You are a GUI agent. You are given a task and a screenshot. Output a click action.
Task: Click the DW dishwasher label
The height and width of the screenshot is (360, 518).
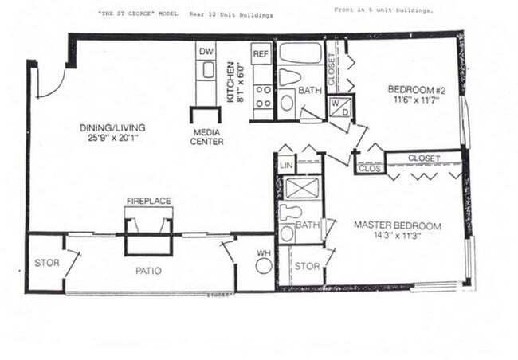pos(206,50)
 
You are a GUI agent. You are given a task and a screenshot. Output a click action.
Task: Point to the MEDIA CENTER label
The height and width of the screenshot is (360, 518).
pos(207,137)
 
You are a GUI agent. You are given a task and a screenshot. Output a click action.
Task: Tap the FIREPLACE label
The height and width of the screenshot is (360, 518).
pos(148,201)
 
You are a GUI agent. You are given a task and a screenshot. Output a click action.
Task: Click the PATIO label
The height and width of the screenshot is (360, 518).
pos(148,271)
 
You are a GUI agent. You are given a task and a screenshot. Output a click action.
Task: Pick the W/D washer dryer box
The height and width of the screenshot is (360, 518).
pos(339,107)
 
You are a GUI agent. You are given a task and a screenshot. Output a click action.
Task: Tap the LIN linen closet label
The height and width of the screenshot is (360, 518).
pos(286,165)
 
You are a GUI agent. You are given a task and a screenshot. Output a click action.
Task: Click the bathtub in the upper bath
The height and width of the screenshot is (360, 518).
pos(300,53)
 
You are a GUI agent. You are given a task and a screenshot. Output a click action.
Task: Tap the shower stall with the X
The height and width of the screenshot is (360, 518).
pos(302,188)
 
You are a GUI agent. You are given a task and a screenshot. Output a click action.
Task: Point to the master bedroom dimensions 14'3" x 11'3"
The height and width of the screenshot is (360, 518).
pos(396,236)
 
